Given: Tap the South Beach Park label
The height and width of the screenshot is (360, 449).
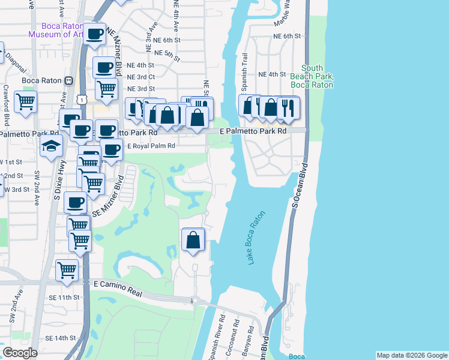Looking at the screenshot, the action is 312,76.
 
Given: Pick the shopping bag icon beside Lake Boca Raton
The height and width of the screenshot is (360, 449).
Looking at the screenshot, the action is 193,240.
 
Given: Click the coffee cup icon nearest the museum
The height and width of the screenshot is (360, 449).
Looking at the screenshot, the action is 94,35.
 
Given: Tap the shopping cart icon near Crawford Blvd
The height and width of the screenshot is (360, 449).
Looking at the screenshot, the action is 25,102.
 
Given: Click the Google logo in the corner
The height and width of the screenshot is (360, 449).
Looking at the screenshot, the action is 20,353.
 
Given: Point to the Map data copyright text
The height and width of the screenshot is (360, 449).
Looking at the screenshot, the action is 412,355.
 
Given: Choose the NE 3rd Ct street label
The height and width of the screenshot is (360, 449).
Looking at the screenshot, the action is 141,77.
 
